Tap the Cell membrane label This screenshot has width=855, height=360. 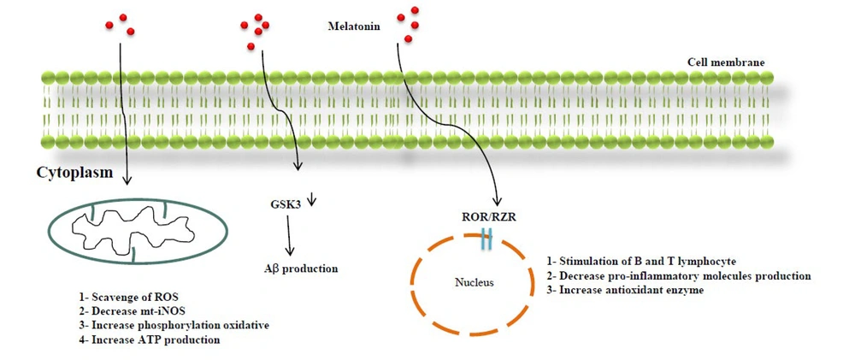(x=726, y=62)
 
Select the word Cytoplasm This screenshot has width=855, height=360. (x=74, y=173)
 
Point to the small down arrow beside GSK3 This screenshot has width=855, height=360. (x=312, y=199)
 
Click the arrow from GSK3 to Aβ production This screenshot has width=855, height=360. (x=290, y=235)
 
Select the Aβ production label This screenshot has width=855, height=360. (x=298, y=269)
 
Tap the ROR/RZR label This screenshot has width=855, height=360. (x=486, y=218)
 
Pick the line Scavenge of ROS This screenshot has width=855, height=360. (x=129, y=298)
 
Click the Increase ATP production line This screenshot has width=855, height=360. (x=149, y=339)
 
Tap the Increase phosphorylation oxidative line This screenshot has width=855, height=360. (x=174, y=326)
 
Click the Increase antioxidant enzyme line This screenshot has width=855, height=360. (x=625, y=290)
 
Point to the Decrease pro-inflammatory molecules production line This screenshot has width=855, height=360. (x=678, y=276)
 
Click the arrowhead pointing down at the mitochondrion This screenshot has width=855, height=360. (x=127, y=180)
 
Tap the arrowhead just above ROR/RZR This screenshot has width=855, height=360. (x=498, y=202)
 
